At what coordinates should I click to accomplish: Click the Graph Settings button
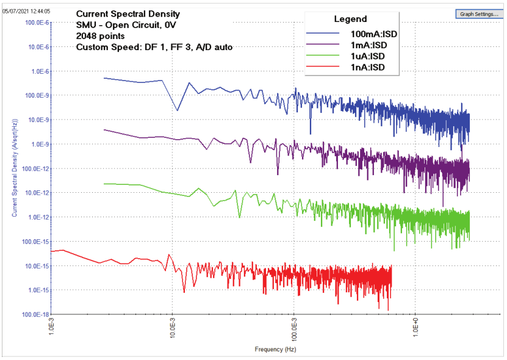479,13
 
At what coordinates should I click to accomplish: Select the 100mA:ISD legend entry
374,34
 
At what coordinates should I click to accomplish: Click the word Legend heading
351,19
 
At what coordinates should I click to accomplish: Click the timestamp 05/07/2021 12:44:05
27,11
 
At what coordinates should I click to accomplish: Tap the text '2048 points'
101,36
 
